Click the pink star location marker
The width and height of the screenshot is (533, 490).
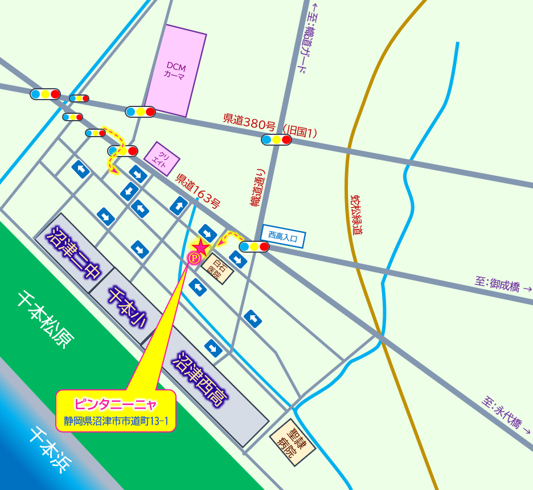(201, 247)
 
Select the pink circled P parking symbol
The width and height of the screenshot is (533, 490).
(194, 259)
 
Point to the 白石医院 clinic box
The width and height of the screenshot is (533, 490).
(217, 268)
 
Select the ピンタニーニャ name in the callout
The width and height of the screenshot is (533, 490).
(116, 405)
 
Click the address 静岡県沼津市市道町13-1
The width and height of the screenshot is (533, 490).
(116, 422)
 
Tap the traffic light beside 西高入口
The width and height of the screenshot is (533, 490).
(254, 246)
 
